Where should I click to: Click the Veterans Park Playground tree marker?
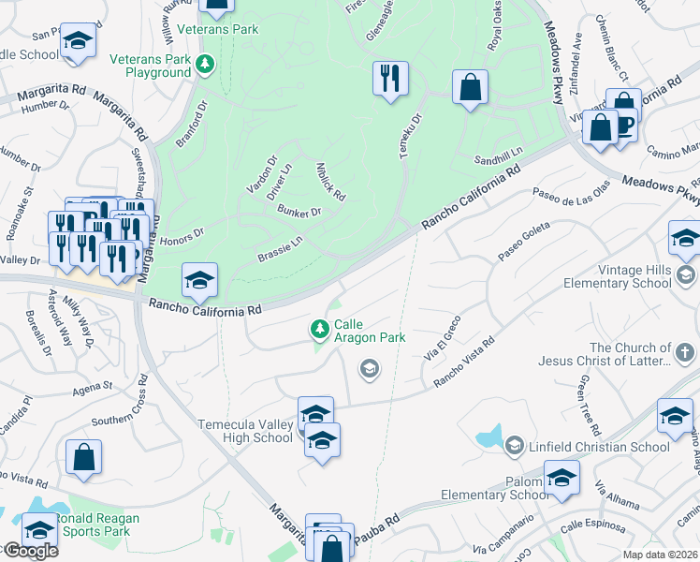[x=205, y=65]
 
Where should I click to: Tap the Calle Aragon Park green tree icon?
[x=320, y=328]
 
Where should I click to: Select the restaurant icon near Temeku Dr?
[x=390, y=78]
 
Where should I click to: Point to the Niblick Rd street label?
[x=331, y=181]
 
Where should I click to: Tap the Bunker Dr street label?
[x=299, y=212]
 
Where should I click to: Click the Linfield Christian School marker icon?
[x=513, y=447]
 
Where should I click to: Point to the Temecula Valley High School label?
[x=245, y=431]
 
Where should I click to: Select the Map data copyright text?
[x=661, y=555]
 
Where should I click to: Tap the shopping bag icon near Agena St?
[x=83, y=457]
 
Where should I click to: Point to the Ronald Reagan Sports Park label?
[x=95, y=525]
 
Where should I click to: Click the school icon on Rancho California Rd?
[x=199, y=280]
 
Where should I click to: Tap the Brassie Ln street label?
[x=280, y=248]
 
